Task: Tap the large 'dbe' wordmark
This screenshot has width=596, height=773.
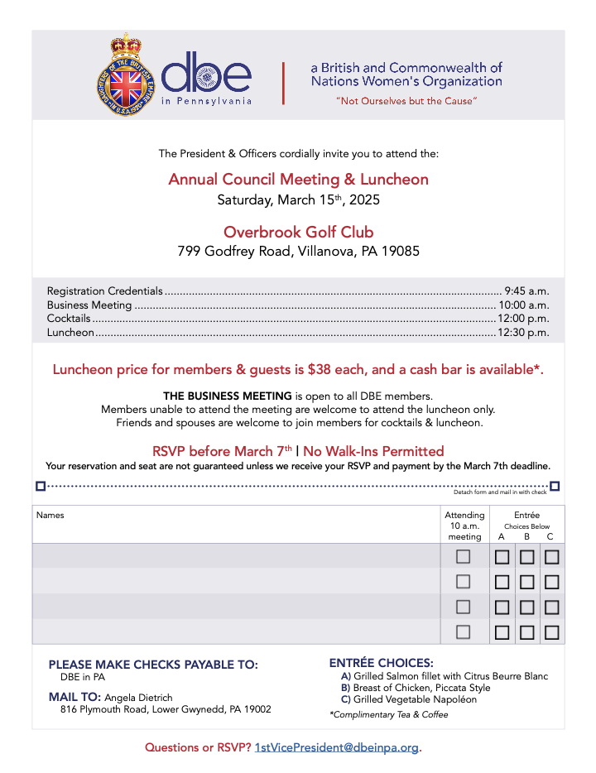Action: pos(206,75)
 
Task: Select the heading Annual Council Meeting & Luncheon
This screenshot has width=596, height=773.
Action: pos(298,180)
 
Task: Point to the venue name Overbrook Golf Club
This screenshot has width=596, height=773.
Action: pos(298,232)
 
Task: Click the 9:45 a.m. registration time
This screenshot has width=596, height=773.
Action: pos(526,291)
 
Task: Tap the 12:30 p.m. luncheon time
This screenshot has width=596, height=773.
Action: pos(523,333)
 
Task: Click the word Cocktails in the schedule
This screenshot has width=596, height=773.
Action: pos(69,319)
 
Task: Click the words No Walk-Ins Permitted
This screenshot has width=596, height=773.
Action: pos(373,451)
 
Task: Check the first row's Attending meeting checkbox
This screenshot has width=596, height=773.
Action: pos(464,557)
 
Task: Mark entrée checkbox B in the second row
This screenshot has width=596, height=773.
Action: pos(526,583)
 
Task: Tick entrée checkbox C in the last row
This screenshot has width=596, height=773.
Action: pos(551,633)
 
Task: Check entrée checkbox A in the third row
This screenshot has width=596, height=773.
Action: pos(502,607)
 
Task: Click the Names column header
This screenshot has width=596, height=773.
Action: pos(50,515)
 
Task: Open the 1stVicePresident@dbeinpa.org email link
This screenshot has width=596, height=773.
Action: pos(337,747)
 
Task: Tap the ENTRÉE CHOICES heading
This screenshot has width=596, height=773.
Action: pos(381,663)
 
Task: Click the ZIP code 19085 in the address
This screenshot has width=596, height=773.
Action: pos(398,251)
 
